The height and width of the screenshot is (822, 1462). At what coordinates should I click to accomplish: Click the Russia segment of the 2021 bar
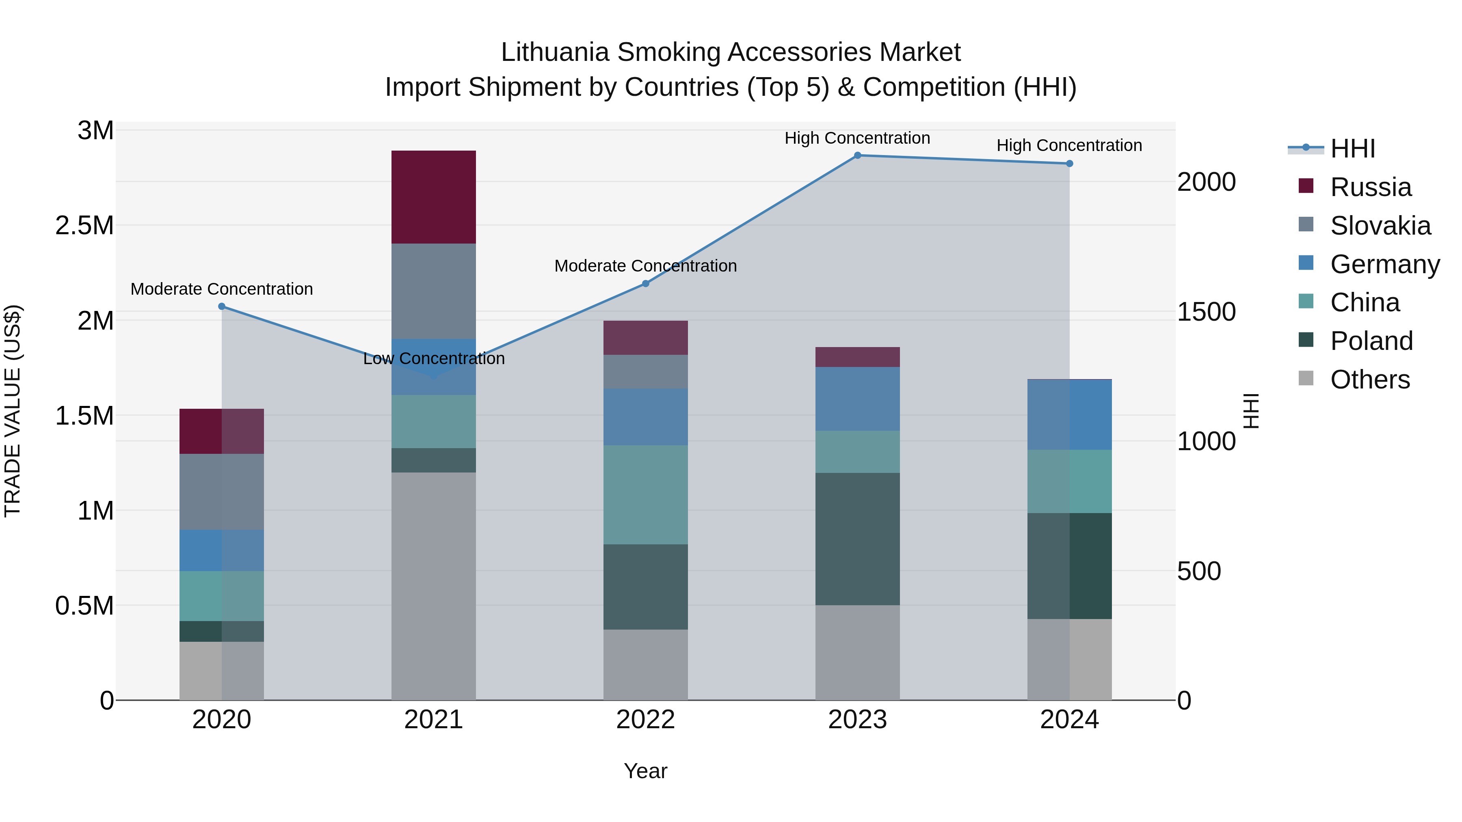click(x=434, y=197)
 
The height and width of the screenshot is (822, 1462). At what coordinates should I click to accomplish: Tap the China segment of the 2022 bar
click(x=645, y=495)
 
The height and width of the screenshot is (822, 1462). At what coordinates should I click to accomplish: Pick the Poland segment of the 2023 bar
click(x=858, y=539)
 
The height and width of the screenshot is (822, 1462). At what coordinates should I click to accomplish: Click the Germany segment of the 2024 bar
click(x=1069, y=415)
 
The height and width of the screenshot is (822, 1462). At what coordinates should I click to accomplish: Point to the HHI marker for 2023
click(x=858, y=155)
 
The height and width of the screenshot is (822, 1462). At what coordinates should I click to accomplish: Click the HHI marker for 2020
click(x=222, y=306)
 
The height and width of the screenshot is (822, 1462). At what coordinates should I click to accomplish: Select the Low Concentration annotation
click(x=434, y=358)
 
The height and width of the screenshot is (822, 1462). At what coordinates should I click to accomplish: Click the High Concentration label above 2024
click(x=1069, y=145)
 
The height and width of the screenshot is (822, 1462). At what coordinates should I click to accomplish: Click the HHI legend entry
click(x=1352, y=149)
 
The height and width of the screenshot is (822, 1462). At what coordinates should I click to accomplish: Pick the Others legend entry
click(x=1369, y=380)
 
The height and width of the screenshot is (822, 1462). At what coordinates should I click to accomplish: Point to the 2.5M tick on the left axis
click(x=84, y=226)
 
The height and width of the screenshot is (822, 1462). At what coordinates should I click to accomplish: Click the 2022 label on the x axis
click(x=645, y=720)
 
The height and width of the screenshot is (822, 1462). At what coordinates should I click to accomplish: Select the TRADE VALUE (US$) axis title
click(x=13, y=411)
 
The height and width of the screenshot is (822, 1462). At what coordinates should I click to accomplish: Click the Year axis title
click(x=645, y=771)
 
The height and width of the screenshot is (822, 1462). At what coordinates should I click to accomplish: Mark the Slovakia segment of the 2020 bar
click(x=222, y=492)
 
